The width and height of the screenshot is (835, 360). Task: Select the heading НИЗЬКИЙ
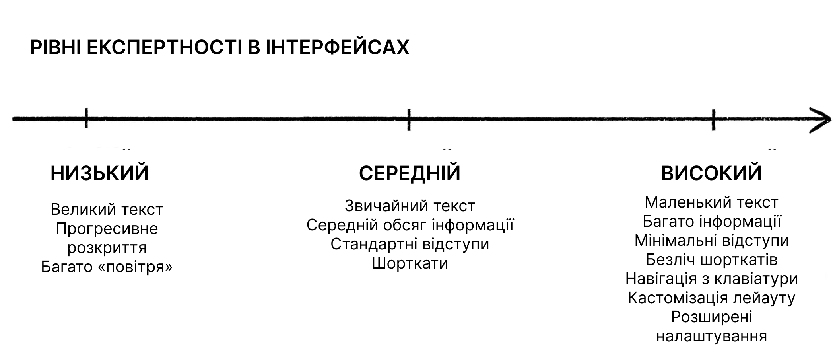click(100, 173)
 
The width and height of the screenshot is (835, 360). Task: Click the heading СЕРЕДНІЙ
click(410, 173)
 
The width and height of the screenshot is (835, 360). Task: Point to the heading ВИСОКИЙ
click(711, 173)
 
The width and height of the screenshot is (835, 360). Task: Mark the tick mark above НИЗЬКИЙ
click(86, 118)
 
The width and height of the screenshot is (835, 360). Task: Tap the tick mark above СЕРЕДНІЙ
click(409, 119)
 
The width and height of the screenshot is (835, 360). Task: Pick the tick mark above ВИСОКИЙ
click(713, 119)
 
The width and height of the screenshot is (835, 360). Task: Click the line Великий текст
click(107, 209)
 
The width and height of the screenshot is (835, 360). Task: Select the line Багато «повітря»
click(107, 267)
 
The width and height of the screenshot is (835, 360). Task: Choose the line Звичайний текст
click(410, 206)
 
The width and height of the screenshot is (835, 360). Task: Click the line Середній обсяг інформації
click(410, 225)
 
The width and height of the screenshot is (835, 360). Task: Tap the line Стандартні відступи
click(410, 244)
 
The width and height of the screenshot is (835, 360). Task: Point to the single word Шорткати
click(410, 263)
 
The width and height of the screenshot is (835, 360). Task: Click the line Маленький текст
click(711, 202)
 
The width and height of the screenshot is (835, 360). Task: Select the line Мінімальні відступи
click(711, 241)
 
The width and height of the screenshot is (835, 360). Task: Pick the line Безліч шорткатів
click(711, 260)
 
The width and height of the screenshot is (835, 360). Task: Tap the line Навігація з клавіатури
click(711, 279)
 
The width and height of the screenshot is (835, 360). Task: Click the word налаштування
click(711, 336)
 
